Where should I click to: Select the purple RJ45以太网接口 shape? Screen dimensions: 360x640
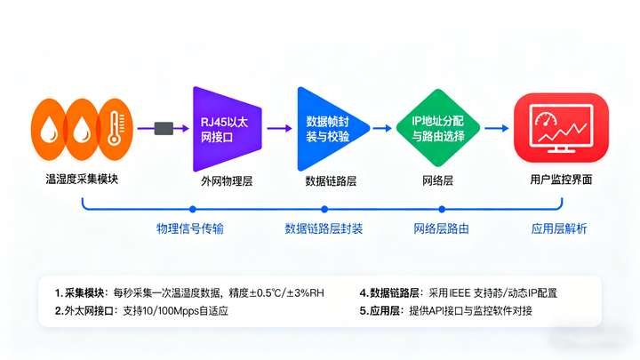click(225, 128)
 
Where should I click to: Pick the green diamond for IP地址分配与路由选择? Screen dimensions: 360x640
click(436, 128)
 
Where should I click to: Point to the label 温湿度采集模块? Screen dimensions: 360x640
click(82, 179)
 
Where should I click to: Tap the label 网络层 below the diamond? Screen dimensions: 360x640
click(436, 181)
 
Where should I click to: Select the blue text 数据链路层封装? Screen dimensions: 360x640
click(324, 228)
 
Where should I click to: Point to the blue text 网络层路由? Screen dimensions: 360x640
click(442, 228)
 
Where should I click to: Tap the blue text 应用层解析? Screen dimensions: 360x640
click(559, 228)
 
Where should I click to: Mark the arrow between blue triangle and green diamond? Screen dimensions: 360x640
click(382, 128)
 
